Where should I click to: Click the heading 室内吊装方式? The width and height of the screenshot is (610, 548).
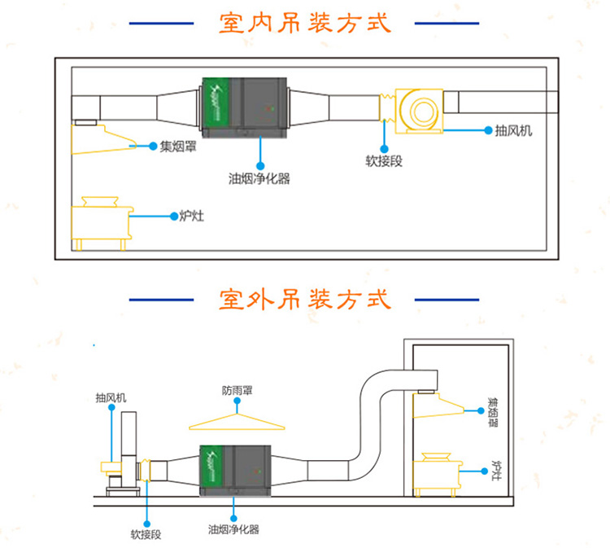point(305,23)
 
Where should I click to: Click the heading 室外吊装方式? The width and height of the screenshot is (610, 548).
point(305,300)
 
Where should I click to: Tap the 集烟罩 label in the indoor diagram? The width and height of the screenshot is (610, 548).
point(178,147)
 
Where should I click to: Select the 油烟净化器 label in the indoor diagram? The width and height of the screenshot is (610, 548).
point(259,179)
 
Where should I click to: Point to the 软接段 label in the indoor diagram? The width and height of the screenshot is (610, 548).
point(384,161)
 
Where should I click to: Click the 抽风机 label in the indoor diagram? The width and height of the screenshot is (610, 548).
point(513,131)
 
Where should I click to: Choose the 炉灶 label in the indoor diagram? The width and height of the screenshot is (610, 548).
point(191,216)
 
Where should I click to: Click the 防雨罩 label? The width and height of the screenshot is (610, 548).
point(237,390)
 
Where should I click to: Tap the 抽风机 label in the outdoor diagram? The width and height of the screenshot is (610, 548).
point(111,397)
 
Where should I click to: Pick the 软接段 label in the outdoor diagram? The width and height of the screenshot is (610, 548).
point(146,534)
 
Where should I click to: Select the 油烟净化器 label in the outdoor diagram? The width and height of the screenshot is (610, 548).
point(233,529)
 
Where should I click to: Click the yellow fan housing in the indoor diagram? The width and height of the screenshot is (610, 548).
point(419,112)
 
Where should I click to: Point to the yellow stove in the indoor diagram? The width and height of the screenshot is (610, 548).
point(102,224)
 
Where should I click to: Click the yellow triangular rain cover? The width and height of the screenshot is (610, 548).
point(237,423)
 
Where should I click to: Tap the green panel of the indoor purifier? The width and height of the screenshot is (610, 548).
point(216,103)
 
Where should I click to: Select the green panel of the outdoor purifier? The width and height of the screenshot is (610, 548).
point(211,468)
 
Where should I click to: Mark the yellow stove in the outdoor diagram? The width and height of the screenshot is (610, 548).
point(438,475)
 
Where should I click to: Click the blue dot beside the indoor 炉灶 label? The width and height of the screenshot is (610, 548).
point(174,216)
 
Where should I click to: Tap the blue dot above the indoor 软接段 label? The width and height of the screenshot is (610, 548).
point(385,149)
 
